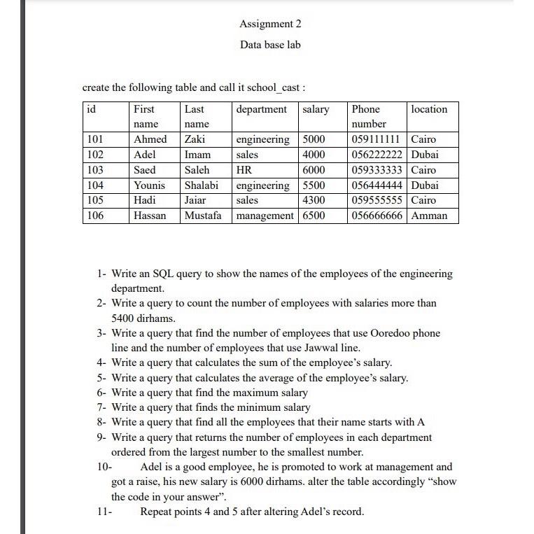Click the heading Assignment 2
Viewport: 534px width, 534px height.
pyautogui.click(x=270, y=24)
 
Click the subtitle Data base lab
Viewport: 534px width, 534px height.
pyautogui.click(x=270, y=45)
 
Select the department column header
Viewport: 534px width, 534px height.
pyautogui.click(x=262, y=109)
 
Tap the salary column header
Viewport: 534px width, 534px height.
pyautogui.click(x=316, y=109)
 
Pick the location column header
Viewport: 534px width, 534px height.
pyautogui.click(x=429, y=109)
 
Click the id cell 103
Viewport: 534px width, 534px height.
pyautogui.click(x=94, y=170)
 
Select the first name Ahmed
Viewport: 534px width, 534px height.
pyautogui.click(x=150, y=139)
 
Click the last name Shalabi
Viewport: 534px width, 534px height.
pyautogui.click(x=202, y=185)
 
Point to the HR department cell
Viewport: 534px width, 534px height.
pyautogui.click(x=244, y=170)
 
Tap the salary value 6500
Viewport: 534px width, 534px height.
pyautogui.click(x=314, y=216)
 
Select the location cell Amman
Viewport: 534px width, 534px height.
pyautogui.click(x=430, y=216)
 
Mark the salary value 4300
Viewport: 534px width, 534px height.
pyautogui.click(x=314, y=200)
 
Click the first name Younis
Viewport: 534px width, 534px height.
pyautogui.click(x=150, y=185)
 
